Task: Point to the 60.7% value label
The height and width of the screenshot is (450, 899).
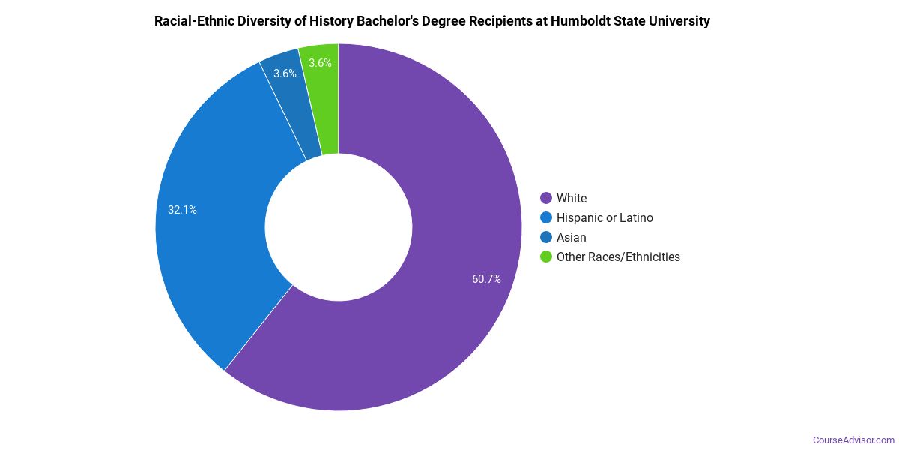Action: click(486, 279)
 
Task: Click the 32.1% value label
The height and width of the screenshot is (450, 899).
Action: click(182, 210)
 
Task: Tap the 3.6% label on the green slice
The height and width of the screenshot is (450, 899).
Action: click(320, 63)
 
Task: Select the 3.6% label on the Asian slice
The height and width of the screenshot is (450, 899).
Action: click(285, 73)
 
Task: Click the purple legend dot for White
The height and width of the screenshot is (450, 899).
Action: click(546, 198)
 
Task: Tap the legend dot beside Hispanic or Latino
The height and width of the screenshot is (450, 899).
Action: click(546, 217)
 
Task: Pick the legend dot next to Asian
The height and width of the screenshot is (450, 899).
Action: click(546, 237)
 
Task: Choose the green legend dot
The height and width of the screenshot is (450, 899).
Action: click(546, 256)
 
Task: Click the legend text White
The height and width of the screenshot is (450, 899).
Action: click(572, 198)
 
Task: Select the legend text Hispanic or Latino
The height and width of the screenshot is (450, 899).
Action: click(605, 217)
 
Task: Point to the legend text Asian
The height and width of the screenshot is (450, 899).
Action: click(572, 237)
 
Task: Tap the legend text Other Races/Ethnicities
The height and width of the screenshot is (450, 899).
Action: click(618, 256)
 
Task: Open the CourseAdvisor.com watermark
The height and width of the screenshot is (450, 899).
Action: click(853, 439)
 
